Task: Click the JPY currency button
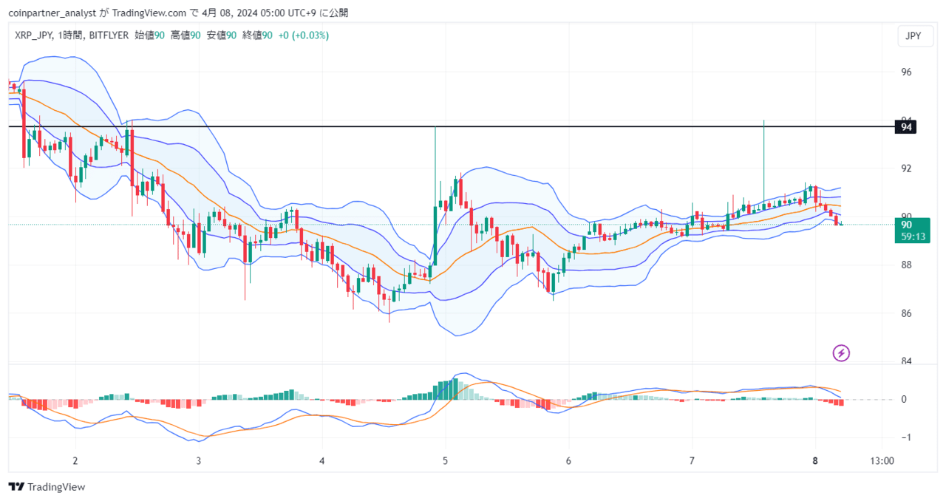click(915, 36)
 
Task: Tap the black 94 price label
click(905, 127)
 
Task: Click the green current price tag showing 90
click(912, 231)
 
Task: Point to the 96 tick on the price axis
click(906, 72)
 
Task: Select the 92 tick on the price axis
click(906, 168)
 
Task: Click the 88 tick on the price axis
click(906, 265)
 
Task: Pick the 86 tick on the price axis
click(906, 313)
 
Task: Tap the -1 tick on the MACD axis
click(906, 437)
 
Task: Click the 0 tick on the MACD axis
click(904, 399)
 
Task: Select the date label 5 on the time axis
click(445, 461)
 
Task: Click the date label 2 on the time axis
click(75, 461)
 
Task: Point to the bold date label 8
click(815, 461)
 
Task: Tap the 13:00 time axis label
click(882, 461)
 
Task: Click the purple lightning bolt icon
click(841, 352)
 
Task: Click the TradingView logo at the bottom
click(47, 487)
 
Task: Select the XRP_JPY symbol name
click(33, 35)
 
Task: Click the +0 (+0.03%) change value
click(303, 35)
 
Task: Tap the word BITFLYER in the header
click(109, 35)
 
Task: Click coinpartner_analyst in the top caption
click(52, 13)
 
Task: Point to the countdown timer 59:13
click(913, 236)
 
